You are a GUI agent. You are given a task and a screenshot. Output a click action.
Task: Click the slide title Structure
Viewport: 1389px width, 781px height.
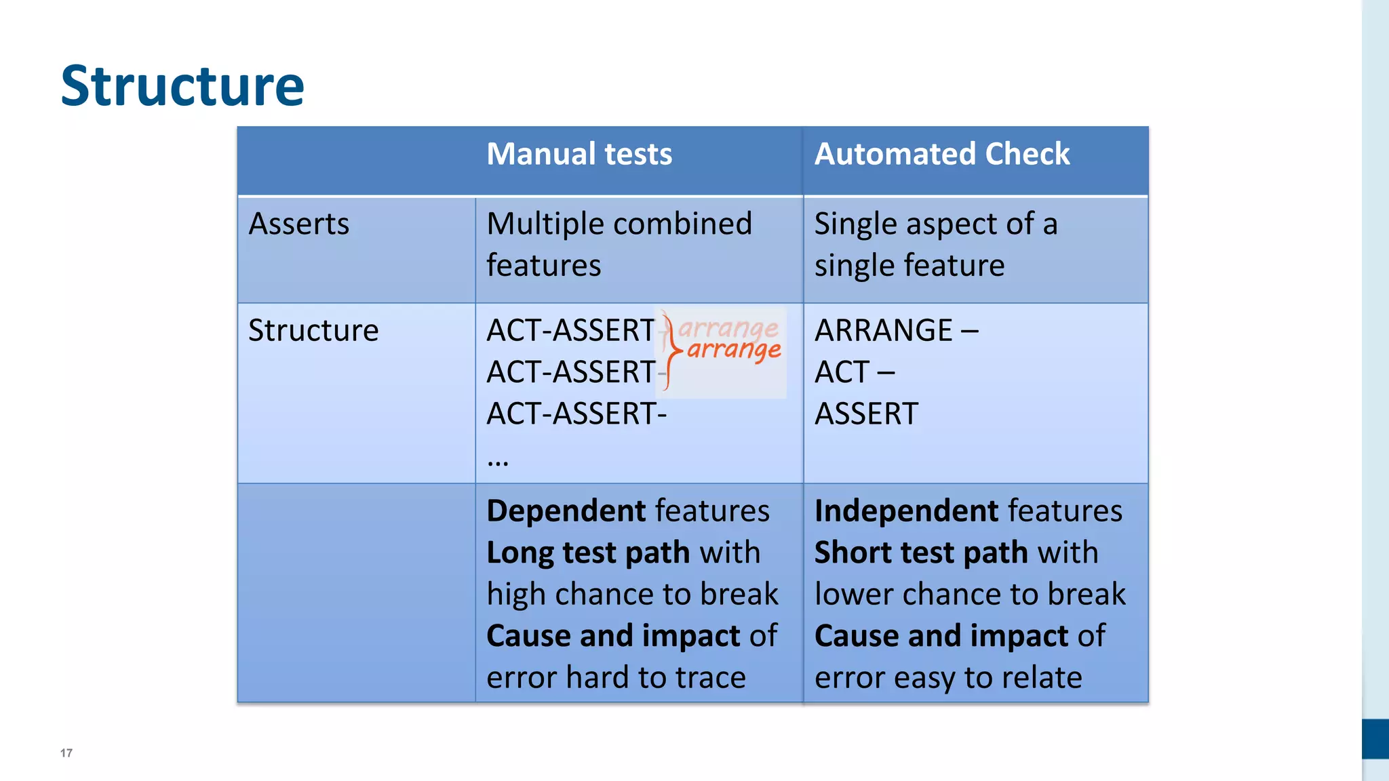[182, 86]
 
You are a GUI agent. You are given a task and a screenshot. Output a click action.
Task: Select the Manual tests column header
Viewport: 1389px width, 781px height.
[579, 154]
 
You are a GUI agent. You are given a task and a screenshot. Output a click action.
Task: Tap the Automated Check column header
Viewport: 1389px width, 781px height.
[941, 154]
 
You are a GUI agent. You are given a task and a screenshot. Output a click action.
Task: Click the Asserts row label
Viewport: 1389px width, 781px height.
[299, 224]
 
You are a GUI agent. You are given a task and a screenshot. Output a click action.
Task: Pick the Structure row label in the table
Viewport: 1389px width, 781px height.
[313, 330]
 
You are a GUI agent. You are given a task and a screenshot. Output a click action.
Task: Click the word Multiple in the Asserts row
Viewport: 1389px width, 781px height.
[536, 224]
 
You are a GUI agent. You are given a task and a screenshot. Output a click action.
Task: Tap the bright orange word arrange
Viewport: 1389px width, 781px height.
[734, 350]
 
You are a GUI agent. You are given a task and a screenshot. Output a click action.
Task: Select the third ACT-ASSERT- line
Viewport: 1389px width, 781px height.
[576, 414]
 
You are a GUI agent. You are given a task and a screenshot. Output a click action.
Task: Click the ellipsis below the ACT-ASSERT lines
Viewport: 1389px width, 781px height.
[497, 462]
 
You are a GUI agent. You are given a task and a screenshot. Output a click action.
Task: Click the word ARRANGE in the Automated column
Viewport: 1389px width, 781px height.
[884, 330]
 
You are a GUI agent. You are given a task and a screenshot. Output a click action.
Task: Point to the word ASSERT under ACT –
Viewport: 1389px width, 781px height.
[866, 414]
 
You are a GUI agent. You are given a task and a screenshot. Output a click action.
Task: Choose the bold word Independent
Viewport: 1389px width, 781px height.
[907, 510]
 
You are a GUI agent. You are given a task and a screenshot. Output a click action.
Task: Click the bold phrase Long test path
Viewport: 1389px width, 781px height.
[588, 553]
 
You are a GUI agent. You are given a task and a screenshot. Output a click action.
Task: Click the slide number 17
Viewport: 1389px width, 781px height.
[66, 753]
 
